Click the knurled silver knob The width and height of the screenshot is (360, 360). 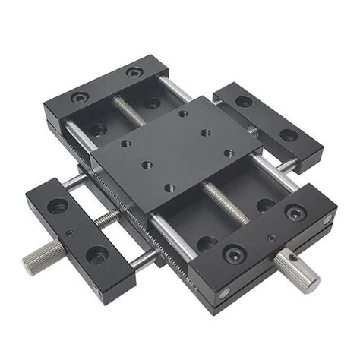click(x=36, y=262)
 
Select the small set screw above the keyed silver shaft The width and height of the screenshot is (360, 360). click(x=270, y=238)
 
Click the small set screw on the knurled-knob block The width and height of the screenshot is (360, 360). click(x=70, y=233)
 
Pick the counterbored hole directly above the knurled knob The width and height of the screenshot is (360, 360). click(x=58, y=206)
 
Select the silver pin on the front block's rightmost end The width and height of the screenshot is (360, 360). click(x=327, y=219)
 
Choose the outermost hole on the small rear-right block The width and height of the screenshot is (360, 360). click(x=289, y=135)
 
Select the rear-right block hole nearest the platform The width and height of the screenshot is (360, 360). click(x=244, y=101)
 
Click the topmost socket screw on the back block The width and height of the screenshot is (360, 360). click(x=134, y=73)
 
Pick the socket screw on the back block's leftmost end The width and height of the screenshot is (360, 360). click(x=79, y=97)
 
